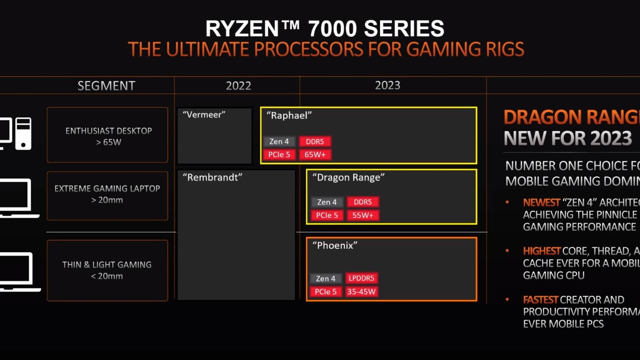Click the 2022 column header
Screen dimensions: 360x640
(x=238, y=86)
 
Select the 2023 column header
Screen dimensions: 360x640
(x=387, y=85)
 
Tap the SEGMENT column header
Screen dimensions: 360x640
(x=106, y=86)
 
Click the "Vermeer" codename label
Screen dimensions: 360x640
(x=204, y=115)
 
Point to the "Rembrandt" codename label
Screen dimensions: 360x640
(x=212, y=177)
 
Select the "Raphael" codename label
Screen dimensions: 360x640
(x=289, y=116)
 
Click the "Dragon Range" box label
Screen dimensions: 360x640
(x=348, y=177)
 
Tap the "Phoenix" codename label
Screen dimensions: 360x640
(x=335, y=245)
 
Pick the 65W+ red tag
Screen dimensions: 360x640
(x=315, y=154)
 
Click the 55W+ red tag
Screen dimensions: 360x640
(x=363, y=215)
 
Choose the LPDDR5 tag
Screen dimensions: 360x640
(x=361, y=278)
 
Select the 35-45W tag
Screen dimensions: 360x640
(x=361, y=292)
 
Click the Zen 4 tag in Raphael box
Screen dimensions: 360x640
(x=279, y=141)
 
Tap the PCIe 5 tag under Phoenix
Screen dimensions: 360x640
(x=326, y=292)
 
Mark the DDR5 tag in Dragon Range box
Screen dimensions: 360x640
(x=363, y=202)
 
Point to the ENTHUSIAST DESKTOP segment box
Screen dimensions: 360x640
(x=108, y=135)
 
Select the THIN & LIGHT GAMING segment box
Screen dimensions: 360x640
(x=108, y=270)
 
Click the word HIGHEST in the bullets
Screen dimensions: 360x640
(x=542, y=251)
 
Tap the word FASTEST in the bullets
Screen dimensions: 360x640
(x=540, y=300)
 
